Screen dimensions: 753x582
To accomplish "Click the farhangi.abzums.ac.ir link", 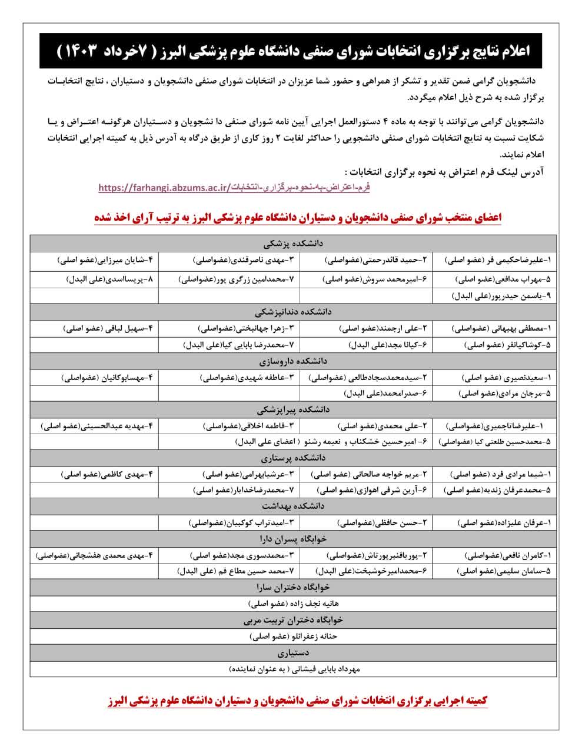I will (x=234, y=188).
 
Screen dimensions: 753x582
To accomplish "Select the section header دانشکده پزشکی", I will (x=293, y=242).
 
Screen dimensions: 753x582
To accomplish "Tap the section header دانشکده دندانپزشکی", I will (x=293, y=312).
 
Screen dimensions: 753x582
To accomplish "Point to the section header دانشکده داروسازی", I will (x=293, y=361).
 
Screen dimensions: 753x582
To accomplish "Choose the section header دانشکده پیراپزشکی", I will (x=293, y=409).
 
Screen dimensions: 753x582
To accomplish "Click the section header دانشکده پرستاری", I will (x=293, y=457).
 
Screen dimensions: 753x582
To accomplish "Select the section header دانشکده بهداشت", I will (x=293, y=506).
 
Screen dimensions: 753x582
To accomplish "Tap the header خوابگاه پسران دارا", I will (x=293, y=538).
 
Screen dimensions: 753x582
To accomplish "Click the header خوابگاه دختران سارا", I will (x=293, y=587).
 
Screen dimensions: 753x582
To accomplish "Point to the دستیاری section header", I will (x=293, y=652).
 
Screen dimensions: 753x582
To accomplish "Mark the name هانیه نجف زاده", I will (x=293, y=604).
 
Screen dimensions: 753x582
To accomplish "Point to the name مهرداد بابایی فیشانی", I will (x=293, y=669).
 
